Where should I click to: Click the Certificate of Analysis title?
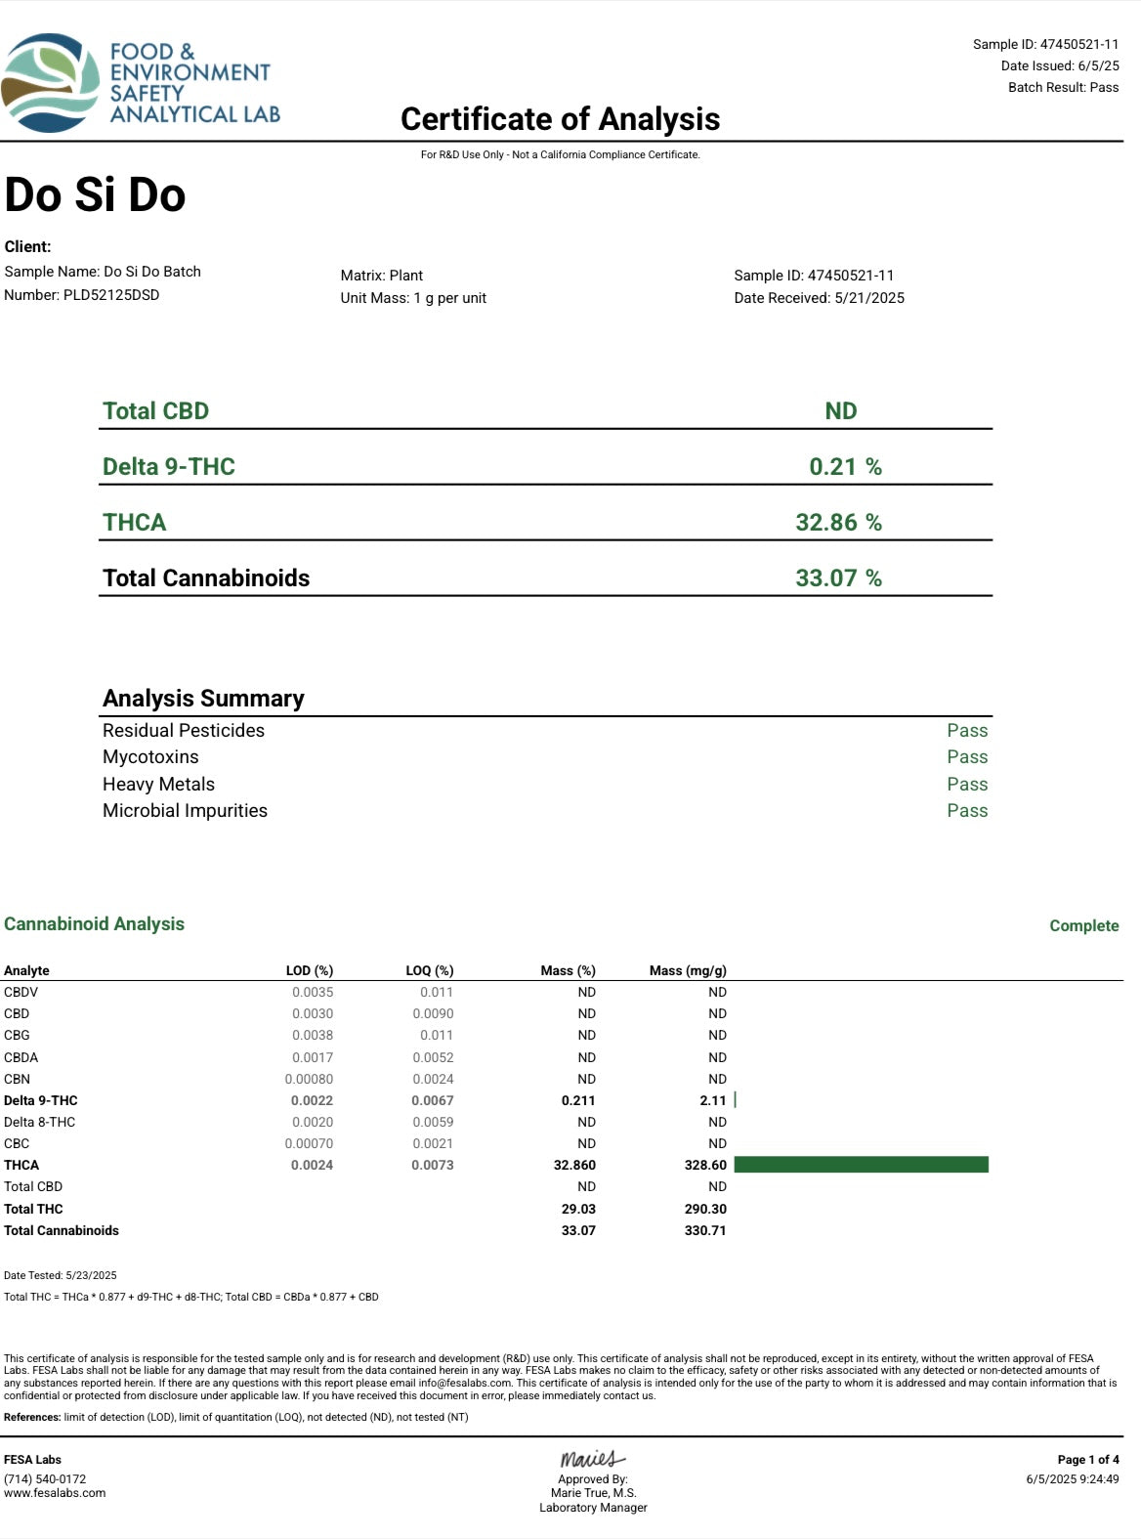click(x=560, y=119)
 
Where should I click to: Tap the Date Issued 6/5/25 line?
click(x=1060, y=65)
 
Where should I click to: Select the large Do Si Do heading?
click(x=95, y=194)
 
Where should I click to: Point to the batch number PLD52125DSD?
click(x=110, y=295)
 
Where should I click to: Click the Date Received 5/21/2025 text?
click(x=819, y=298)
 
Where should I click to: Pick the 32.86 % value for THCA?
click(x=838, y=522)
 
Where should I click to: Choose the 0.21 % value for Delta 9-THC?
click(x=845, y=466)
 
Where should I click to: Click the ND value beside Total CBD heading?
click(x=840, y=411)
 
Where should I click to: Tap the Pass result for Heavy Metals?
click(x=967, y=784)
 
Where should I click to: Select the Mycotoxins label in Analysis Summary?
click(x=150, y=756)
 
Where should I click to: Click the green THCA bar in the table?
click(x=861, y=1165)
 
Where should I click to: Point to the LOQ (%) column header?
click(x=430, y=970)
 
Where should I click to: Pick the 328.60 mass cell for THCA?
click(x=705, y=1165)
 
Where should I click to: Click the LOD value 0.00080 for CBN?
click(x=309, y=1079)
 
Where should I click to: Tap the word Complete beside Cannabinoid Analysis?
click(x=1083, y=925)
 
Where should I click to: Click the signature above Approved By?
click(x=592, y=1459)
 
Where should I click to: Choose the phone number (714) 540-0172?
click(x=45, y=1479)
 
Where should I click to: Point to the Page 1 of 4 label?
click(x=1088, y=1460)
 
